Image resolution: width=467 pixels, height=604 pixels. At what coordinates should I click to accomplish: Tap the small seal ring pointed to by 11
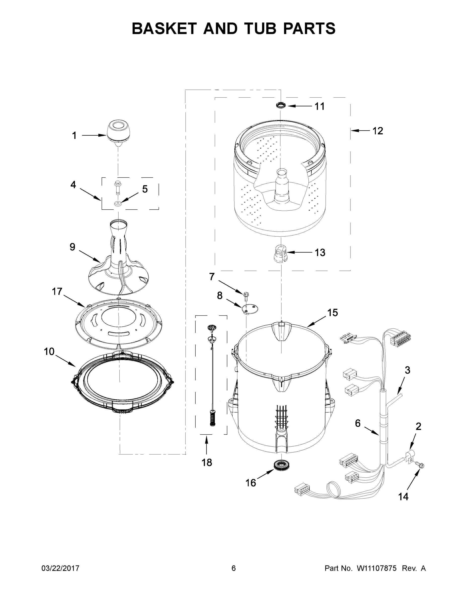(x=281, y=105)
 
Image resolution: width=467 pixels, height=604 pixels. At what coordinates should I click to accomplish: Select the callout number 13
(x=320, y=252)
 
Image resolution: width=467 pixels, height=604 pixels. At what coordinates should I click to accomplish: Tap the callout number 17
(x=57, y=291)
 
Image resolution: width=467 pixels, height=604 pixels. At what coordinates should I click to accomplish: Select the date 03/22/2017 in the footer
(x=60, y=568)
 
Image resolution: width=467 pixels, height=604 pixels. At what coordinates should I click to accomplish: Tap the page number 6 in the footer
(x=234, y=568)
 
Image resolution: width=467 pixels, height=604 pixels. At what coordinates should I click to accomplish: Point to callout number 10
(x=49, y=352)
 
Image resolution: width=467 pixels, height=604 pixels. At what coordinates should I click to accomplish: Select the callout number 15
(x=333, y=313)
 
